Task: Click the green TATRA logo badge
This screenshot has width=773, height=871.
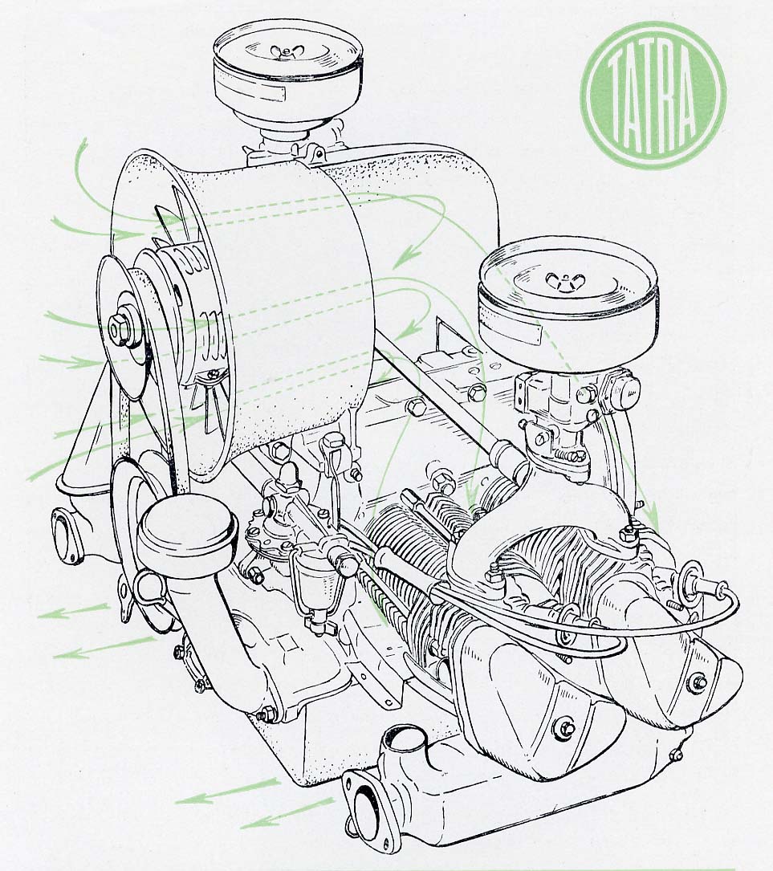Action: (x=653, y=95)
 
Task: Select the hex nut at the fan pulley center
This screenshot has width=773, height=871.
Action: (x=118, y=328)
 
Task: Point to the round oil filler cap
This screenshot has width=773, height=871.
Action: (x=188, y=527)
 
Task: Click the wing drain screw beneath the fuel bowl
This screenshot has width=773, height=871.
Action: (x=318, y=627)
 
